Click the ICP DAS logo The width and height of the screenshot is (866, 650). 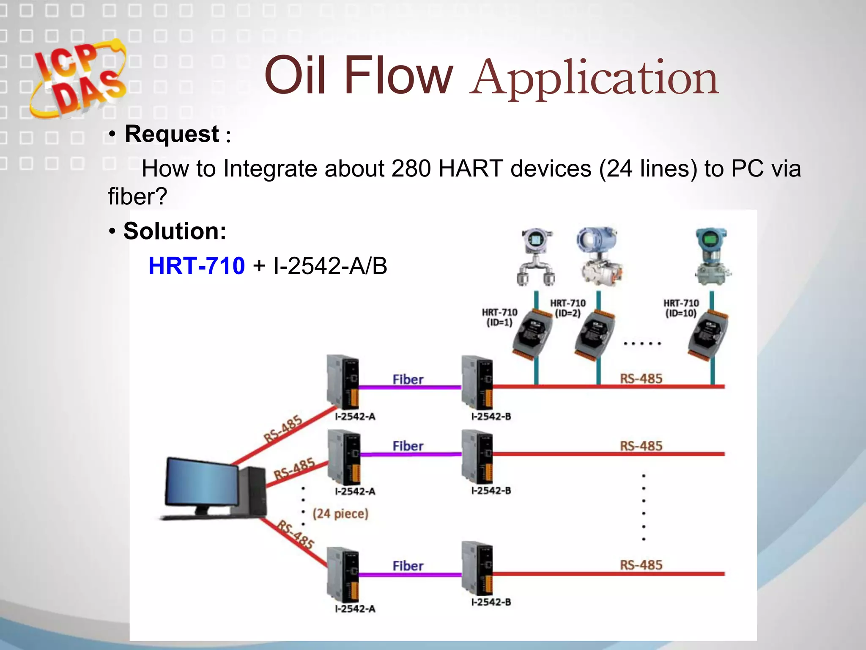pos(78,78)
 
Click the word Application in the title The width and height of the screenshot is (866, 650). pos(594,78)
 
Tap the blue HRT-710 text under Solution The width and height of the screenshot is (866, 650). pos(197,266)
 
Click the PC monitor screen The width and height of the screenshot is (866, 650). pos(202,482)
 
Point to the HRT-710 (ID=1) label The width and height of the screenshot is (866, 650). pos(499,317)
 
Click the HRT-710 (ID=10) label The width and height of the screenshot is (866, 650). pos(681,308)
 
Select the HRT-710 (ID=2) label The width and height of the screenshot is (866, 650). pos(567,308)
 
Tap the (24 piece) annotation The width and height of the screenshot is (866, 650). pos(340,514)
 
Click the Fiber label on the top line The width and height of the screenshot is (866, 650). pos(408,380)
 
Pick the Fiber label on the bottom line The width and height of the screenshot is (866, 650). pos(408,566)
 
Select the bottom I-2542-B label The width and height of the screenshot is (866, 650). pos(491,602)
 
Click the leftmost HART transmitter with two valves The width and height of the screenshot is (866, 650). pos(536,257)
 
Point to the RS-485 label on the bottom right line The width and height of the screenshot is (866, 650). pos(641,565)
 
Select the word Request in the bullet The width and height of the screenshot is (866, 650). pos(172,134)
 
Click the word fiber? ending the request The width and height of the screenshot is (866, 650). pos(137,196)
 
